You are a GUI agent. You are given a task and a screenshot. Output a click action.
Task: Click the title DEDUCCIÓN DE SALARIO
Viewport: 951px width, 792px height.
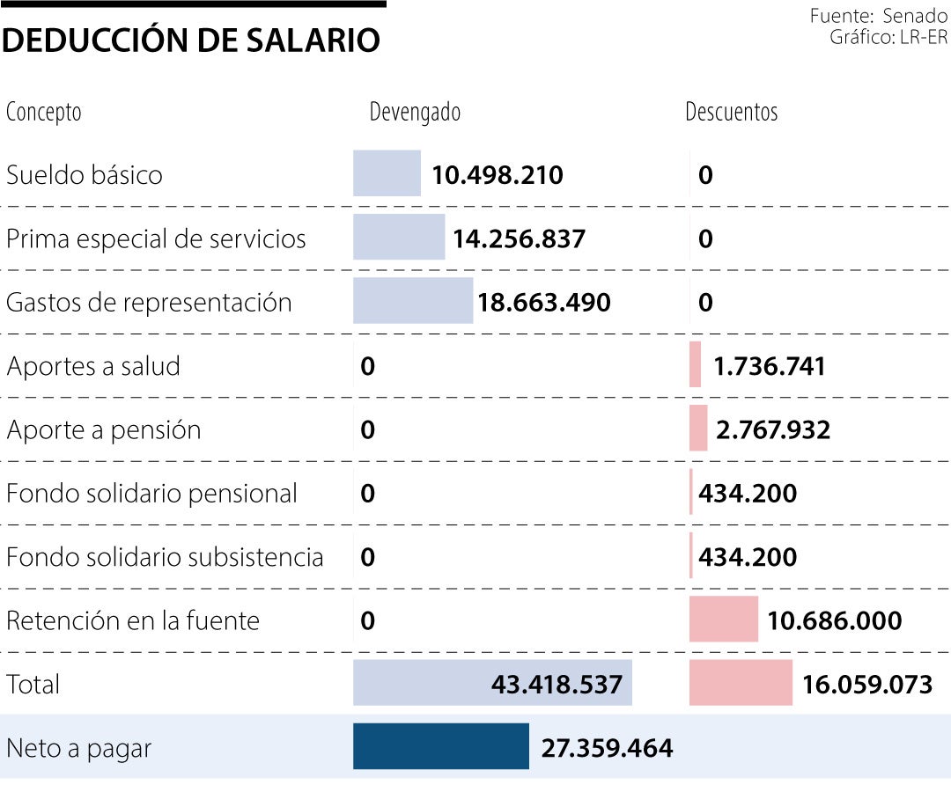point(191,40)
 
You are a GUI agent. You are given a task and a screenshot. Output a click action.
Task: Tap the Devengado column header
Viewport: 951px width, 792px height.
point(415,113)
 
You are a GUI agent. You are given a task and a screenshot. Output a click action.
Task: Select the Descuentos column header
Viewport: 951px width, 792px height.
point(732,113)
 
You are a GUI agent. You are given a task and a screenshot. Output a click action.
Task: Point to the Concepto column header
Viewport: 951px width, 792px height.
point(44,113)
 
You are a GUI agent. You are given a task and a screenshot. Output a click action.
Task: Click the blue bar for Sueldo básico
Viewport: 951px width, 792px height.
point(387,173)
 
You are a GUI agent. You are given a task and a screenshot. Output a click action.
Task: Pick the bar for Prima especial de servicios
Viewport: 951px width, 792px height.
point(399,238)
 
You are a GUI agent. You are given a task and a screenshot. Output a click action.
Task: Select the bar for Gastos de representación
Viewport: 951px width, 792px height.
point(412,301)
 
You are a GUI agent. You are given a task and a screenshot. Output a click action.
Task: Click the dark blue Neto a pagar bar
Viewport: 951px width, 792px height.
point(440,746)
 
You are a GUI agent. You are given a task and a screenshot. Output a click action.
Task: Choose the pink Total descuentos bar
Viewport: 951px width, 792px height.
point(741,683)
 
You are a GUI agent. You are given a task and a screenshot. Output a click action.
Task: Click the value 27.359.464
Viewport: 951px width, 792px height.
point(607,748)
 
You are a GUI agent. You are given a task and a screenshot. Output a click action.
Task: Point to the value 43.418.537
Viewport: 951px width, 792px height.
point(557,684)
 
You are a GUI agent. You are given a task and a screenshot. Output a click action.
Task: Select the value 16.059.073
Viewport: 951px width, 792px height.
point(866,684)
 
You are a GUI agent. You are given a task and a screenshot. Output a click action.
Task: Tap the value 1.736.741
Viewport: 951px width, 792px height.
point(770,366)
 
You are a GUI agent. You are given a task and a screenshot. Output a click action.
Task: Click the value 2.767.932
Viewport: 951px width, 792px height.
point(773,429)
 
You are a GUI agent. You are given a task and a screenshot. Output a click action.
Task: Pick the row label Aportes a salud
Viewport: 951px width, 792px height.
point(93,366)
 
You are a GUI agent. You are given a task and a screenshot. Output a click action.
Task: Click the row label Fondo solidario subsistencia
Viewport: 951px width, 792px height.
point(165,557)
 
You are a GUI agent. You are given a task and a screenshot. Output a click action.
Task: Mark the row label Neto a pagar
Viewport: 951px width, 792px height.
point(79,748)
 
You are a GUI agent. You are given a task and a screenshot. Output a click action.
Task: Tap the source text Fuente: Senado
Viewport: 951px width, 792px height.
point(878,16)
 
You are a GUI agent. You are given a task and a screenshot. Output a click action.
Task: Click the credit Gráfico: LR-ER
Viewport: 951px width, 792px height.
point(888,37)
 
